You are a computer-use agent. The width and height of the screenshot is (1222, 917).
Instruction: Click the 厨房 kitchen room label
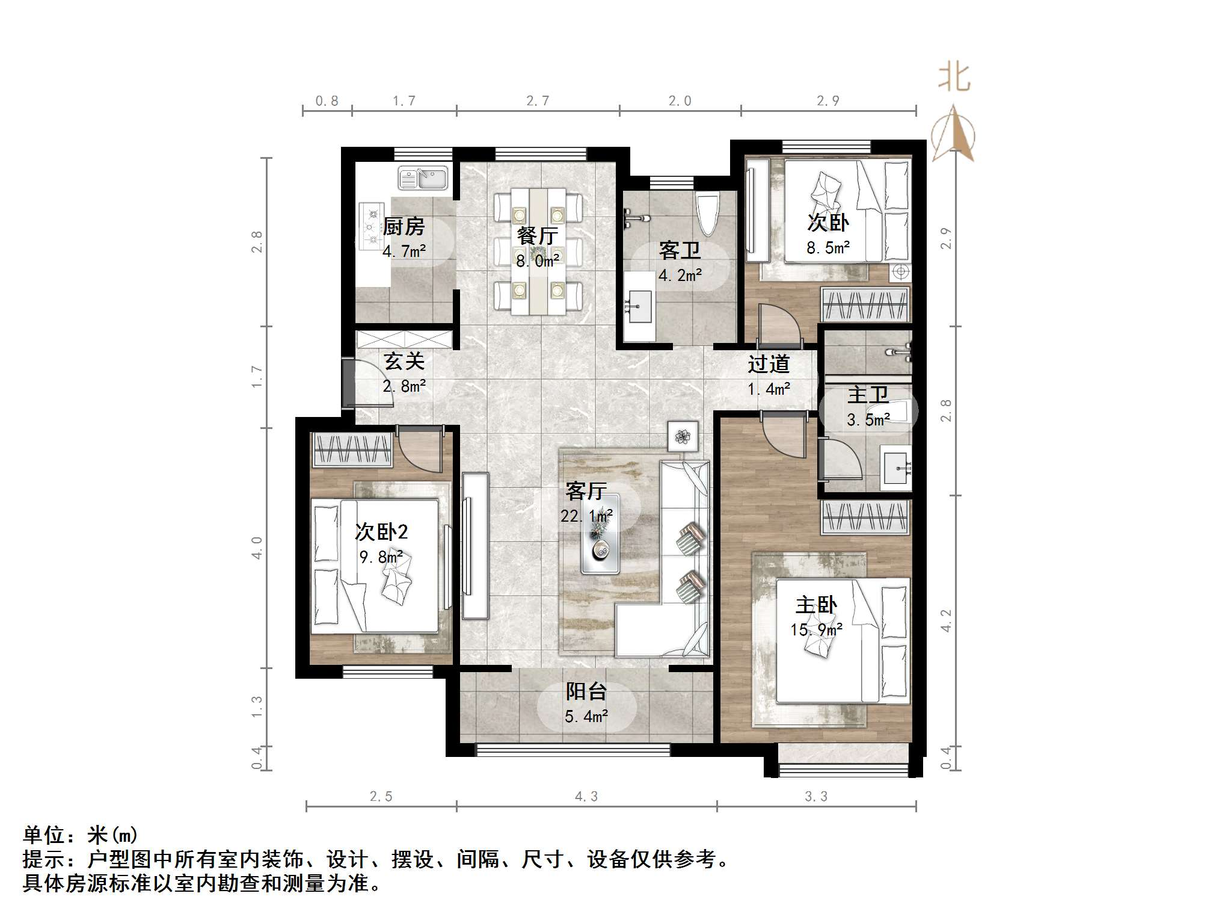pos(404,227)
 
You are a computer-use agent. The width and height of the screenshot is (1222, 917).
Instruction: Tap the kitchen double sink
pos(423,178)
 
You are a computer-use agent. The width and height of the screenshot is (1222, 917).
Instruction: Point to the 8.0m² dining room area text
pos(538,261)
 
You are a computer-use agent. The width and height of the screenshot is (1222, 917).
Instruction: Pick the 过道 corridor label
pos(769,363)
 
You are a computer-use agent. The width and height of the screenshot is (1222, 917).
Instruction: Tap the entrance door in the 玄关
pos(348,383)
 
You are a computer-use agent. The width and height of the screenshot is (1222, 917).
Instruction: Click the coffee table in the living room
pos(600,533)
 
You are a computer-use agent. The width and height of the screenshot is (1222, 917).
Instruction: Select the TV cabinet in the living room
pos(475,545)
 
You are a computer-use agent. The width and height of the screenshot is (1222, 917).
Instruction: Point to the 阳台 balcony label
pos(586,691)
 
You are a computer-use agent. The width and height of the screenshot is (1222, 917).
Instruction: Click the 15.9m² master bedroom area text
pos(816,629)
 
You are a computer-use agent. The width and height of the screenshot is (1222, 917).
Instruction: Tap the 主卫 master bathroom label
pos(868,395)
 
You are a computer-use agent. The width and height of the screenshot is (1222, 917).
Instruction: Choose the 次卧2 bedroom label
pos(381,531)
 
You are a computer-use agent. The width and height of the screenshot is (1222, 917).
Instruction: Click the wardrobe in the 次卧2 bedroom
pos(352,449)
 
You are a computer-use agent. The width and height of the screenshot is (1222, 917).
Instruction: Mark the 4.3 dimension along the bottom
pos(586,797)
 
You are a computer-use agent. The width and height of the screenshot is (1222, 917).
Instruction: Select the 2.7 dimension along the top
pos(538,101)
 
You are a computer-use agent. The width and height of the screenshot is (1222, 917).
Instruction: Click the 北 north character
pos(954,78)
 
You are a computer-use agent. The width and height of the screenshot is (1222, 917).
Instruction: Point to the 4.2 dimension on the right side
pos(946,620)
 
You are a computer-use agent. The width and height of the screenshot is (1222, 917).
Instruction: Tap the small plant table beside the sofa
pos(683,436)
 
